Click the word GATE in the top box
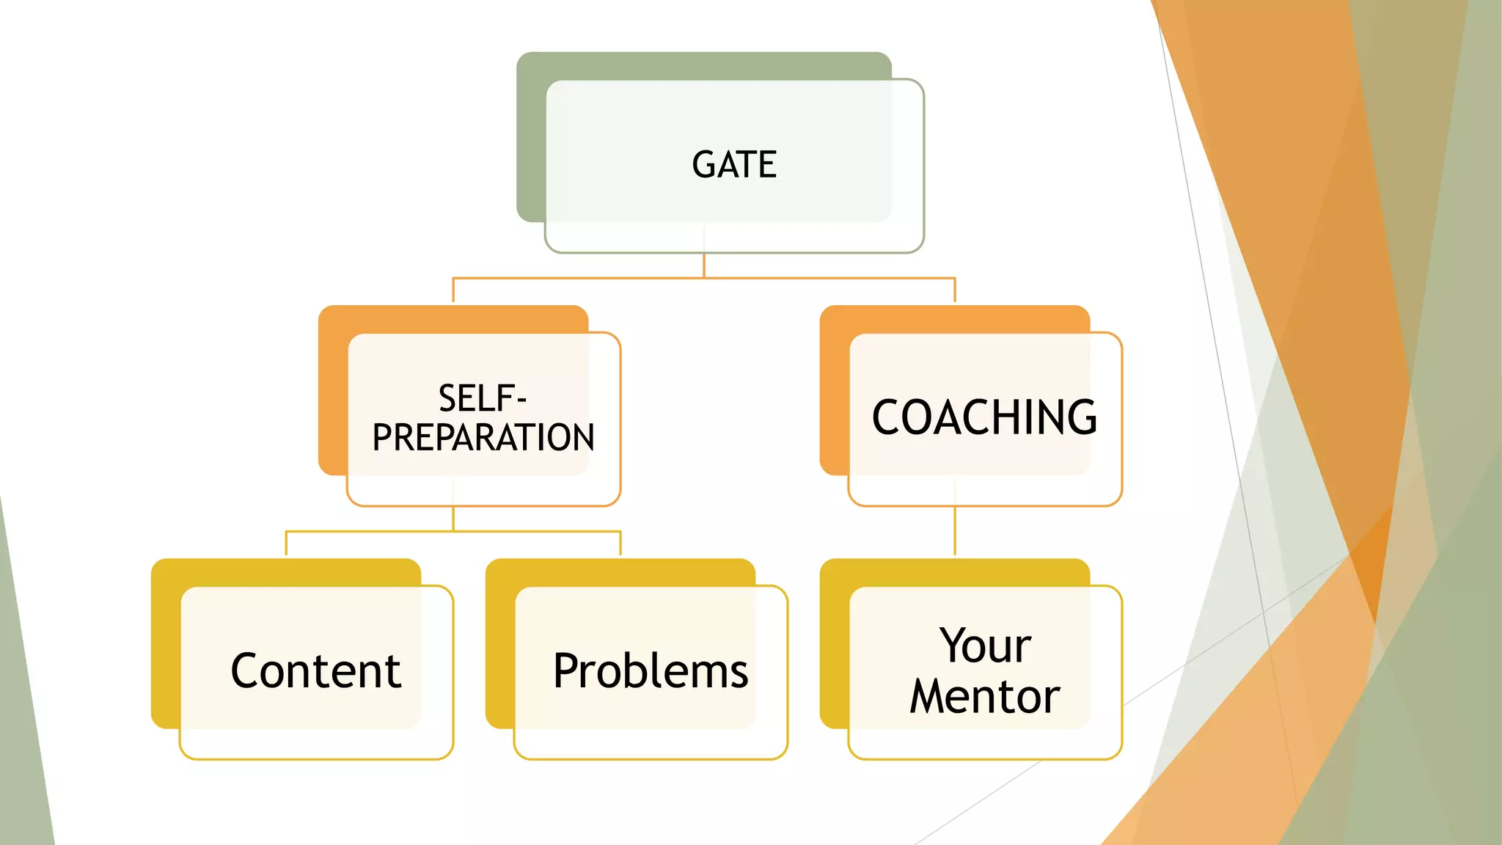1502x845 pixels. pos(734,164)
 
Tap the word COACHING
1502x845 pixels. pos(984,417)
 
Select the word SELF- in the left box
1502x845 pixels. pos(482,398)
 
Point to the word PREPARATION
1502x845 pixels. pos(483,438)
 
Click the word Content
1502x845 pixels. pos(316,670)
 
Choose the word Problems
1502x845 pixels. pos(651,670)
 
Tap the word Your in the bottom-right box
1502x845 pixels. pos(985,645)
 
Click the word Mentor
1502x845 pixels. pos(985,696)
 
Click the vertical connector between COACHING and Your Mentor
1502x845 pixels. pos(955,531)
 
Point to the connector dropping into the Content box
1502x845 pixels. pos(286,544)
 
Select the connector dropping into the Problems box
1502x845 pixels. pos(620,544)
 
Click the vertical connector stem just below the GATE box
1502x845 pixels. pos(704,265)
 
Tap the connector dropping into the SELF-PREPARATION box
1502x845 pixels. pos(453,290)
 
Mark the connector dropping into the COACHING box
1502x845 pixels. pos(955,290)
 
